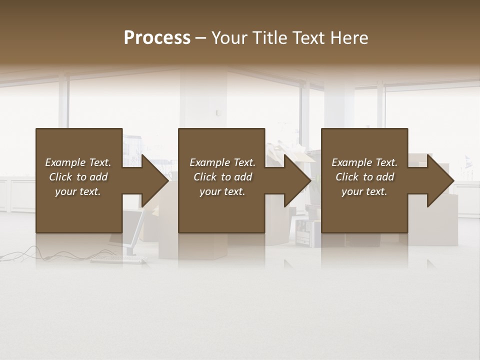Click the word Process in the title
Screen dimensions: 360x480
pos(157,38)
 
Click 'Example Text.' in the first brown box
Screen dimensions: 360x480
pos(78,162)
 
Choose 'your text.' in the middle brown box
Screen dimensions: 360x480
pos(222,191)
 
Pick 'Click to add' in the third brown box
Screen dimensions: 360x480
pos(364,177)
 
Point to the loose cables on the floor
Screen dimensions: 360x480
pos(30,252)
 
